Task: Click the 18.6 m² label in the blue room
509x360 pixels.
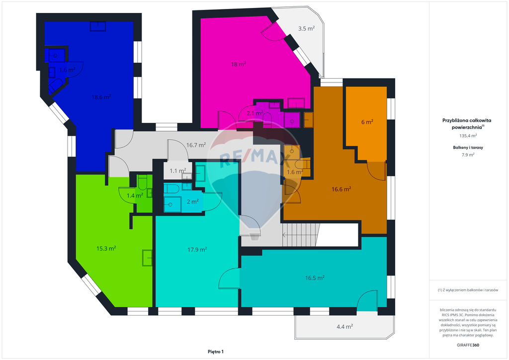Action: [x=101, y=97]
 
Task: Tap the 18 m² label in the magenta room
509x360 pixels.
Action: [x=238, y=64]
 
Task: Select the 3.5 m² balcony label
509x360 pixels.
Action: [x=306, y=28]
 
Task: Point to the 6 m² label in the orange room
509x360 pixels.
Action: [x=367, y=122]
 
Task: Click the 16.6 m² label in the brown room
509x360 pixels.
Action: [x=341, y=189]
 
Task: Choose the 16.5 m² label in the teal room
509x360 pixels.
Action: [x=315, y=278]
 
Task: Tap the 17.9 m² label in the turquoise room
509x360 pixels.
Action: [x=197, y=250]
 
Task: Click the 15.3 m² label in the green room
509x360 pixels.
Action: [x=106, y=248]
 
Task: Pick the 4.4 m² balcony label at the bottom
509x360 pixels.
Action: [x=345, y=327]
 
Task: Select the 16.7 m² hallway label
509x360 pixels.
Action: [x=196, y=145]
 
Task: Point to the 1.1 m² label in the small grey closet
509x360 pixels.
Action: [x=178, y=171]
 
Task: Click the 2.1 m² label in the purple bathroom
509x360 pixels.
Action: [x=255, y=113]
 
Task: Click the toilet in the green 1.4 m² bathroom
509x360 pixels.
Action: [x=142, y=183]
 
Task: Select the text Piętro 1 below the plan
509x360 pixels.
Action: [x=216, y=352]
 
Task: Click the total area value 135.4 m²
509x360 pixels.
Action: [x=468, y=136]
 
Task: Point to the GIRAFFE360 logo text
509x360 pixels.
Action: [x=468, y=345]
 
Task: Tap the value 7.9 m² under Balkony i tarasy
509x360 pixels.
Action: [x=468, y=155]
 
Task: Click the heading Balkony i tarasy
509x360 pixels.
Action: [x=468, y=147]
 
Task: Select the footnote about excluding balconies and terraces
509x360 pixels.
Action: [x=468, y=290]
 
